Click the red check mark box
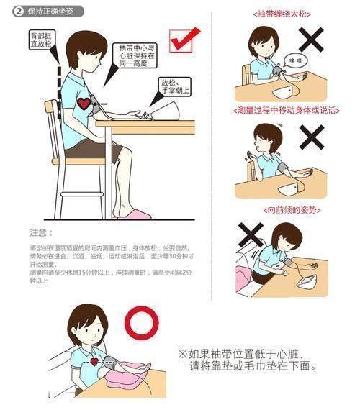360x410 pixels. coord(184,40)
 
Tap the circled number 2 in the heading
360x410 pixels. coord(16,12)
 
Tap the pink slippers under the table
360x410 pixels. coord(135,214)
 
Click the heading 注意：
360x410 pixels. coord(42,232)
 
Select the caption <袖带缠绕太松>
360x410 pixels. coord(286,14)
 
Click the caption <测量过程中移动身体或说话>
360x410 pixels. coord(286,110)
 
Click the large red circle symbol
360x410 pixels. coord(141,325)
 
